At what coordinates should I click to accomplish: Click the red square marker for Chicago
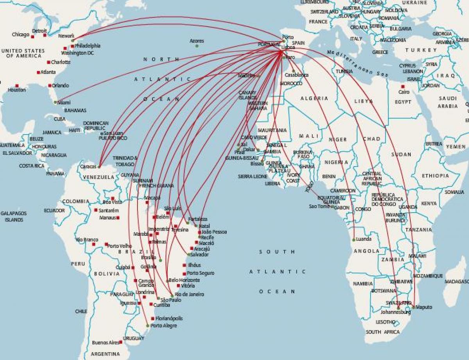[33, 37]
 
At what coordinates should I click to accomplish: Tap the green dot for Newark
[73, 40]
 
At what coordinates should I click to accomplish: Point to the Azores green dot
[197, 46]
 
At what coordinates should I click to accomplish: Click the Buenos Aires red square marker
[121, 342]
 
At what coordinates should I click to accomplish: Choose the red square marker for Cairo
[403, 86]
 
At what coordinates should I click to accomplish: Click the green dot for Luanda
[354, 240]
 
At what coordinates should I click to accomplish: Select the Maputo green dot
[413, 307]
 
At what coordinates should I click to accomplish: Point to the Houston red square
[17, 85]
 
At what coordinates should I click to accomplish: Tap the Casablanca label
[297, 75]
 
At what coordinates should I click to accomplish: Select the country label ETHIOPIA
[435, 176]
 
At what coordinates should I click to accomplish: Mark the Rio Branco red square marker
[93, 244]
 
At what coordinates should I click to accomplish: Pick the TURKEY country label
[421, 50]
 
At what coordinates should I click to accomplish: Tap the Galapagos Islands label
[12, 217]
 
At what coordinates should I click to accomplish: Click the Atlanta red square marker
[38, 72]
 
